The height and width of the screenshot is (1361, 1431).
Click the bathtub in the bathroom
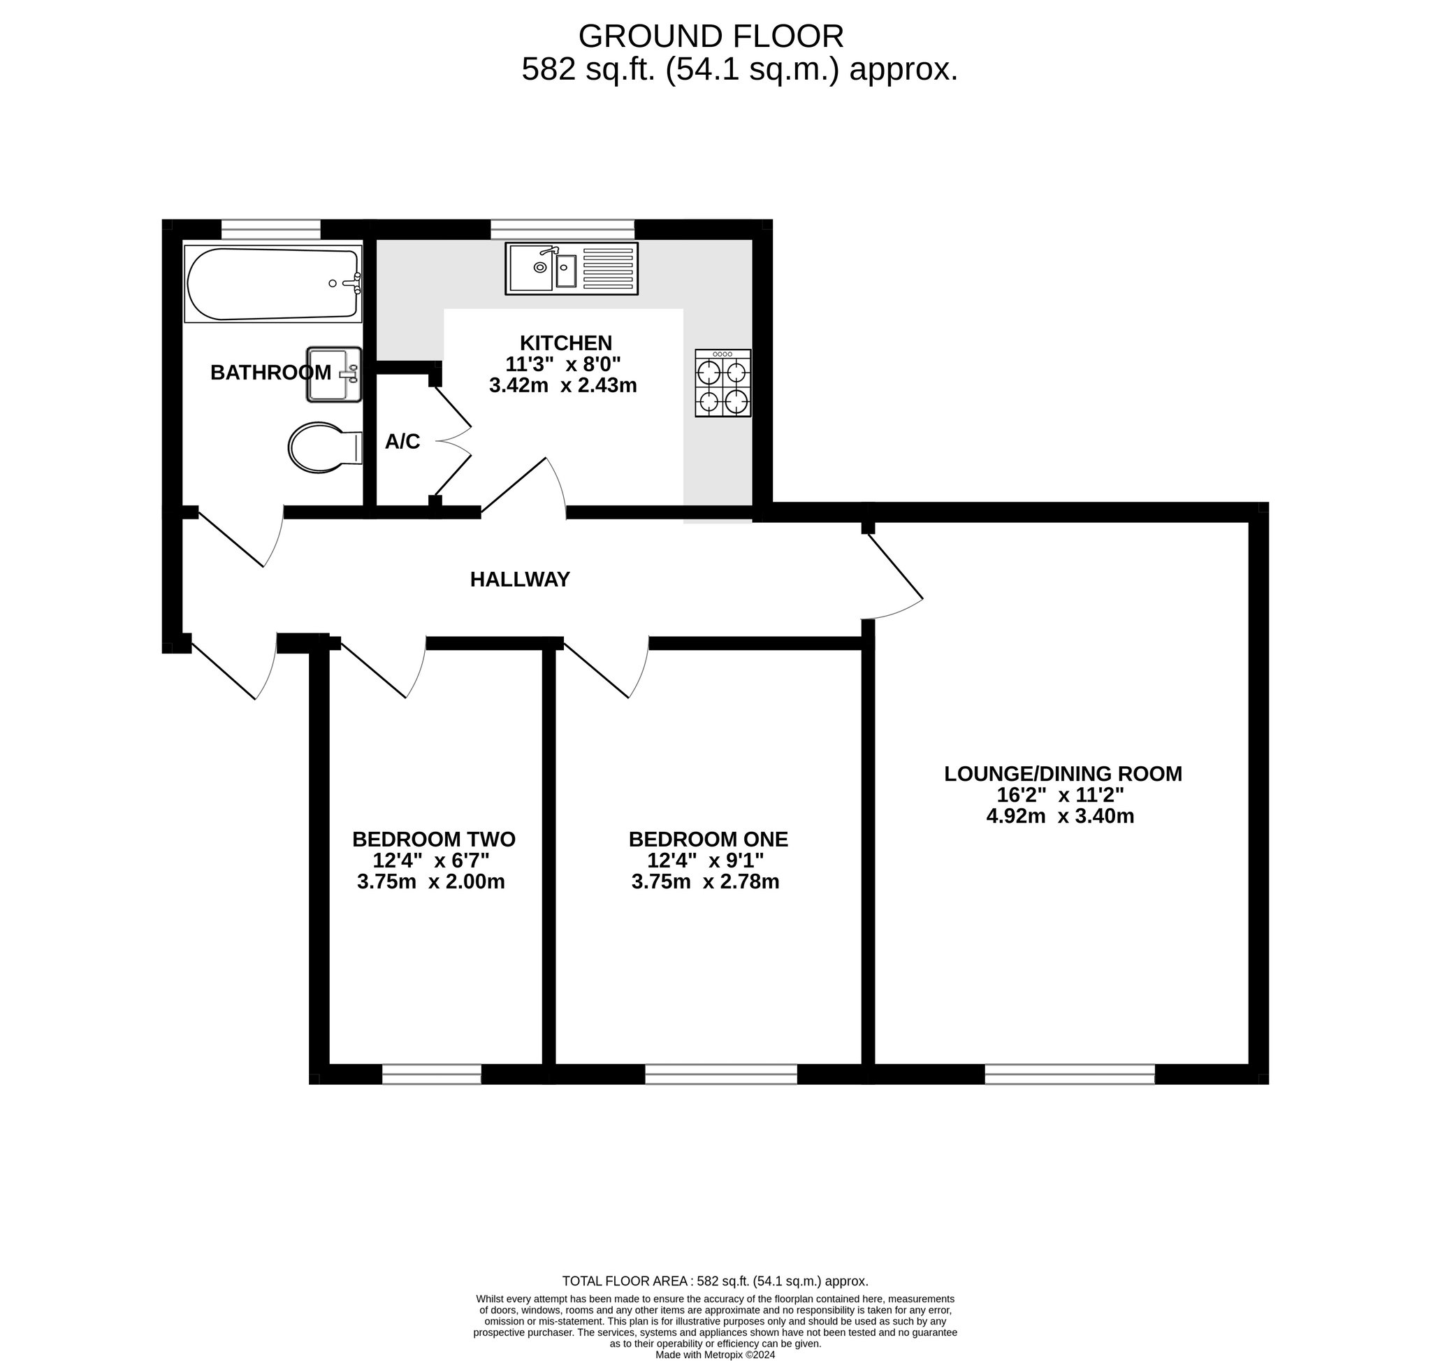coord(273,284)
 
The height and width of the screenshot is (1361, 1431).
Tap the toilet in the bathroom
coord(325,447)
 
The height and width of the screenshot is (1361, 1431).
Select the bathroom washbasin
coord(333,375)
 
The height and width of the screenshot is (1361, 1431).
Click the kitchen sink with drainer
coord(572,268)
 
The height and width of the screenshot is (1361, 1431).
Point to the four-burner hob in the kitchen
coord(723,383)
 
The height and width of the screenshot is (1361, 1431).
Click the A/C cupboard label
coord(402,442)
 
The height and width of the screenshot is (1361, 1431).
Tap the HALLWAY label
coord(520,579)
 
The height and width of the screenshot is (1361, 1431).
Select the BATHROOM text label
coord(270,372)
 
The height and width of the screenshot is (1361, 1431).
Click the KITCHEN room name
coord(566,343)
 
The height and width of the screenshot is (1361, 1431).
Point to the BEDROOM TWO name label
coord(434,840)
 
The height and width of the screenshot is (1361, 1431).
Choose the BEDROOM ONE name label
coord(708,840)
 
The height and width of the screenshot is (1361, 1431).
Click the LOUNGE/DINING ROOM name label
coord(1063,774)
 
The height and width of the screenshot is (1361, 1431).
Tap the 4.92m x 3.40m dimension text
coord(1061,816)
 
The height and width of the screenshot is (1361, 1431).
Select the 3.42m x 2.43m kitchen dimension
coord(562,385)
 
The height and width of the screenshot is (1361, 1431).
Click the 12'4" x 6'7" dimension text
coord(431,860)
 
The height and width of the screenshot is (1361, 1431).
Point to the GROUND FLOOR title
coord(711,36)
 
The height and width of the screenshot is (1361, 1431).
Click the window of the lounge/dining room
coord(1070,1074)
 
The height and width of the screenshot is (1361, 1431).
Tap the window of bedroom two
coord(432,1074)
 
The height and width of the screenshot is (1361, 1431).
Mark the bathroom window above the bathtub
coord(270,229)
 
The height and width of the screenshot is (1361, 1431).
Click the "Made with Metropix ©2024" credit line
coord(715,1355)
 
